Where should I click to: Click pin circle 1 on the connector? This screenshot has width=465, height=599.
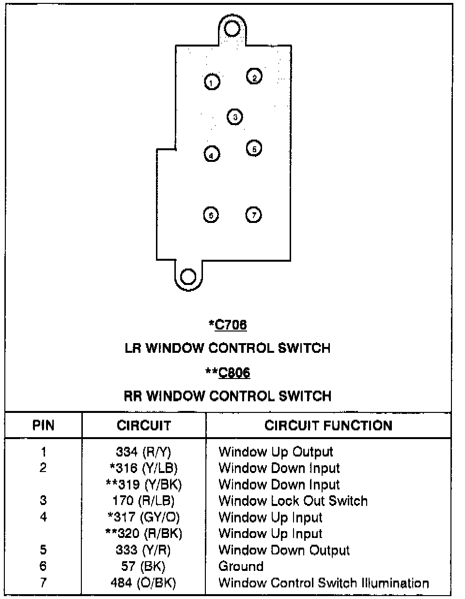coord(212,82)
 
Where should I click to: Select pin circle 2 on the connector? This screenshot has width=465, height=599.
coord(254,76)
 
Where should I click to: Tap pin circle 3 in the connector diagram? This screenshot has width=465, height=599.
coord(235,117)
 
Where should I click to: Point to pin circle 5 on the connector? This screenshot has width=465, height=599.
coord(254,148)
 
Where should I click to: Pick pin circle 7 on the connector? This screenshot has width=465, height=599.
coord(254,215)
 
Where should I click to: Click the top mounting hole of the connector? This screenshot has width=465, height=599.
coord(232,30)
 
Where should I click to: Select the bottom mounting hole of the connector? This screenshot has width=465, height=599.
coord(188,277)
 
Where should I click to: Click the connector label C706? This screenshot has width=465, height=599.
coord(231,324)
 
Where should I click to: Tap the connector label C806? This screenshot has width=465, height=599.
coord(234,372)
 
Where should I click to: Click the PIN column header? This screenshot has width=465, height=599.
coord(43,426)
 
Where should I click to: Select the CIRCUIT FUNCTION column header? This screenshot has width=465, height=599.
coord(328,426)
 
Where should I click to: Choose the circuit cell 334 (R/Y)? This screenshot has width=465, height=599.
coord(143,452)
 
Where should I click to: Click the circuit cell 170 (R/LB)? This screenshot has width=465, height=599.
coord(143,501)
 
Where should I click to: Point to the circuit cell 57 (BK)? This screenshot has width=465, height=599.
coord(143,566)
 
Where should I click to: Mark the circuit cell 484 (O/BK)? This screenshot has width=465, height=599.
coord(143,583)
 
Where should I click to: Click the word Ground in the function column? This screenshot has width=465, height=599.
coord(241,566)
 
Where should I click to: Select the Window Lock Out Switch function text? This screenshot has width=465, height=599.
coord(293,501)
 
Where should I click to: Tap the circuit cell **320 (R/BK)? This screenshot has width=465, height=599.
coord(144,534)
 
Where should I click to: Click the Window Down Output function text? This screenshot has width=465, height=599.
coord(284,550)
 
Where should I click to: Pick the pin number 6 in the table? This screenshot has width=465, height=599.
coord(43,566)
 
